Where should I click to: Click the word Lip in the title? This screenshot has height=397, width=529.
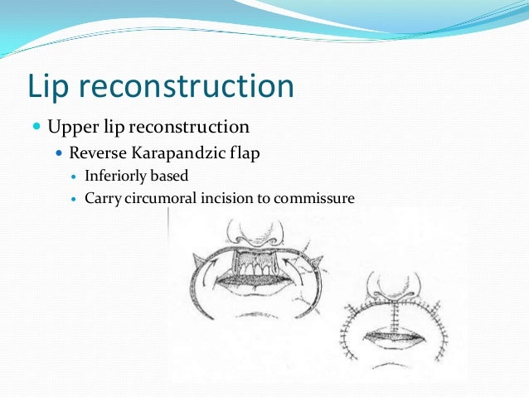pos(51,87)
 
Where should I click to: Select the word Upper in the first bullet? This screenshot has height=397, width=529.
pos(69,128)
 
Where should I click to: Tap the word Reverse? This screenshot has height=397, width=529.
pos(97,153)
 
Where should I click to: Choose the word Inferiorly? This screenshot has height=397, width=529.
pos(115,177)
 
